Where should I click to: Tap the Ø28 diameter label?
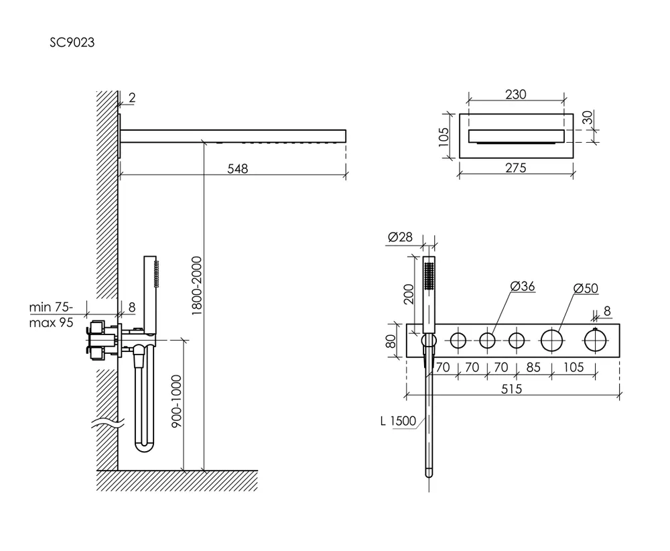point(400,237)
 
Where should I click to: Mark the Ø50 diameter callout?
point(586,288)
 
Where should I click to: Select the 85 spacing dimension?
point(534,367)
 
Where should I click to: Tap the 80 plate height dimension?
point(391,341)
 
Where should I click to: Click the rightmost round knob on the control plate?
point(595,341)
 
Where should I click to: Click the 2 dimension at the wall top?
point(131,98)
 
